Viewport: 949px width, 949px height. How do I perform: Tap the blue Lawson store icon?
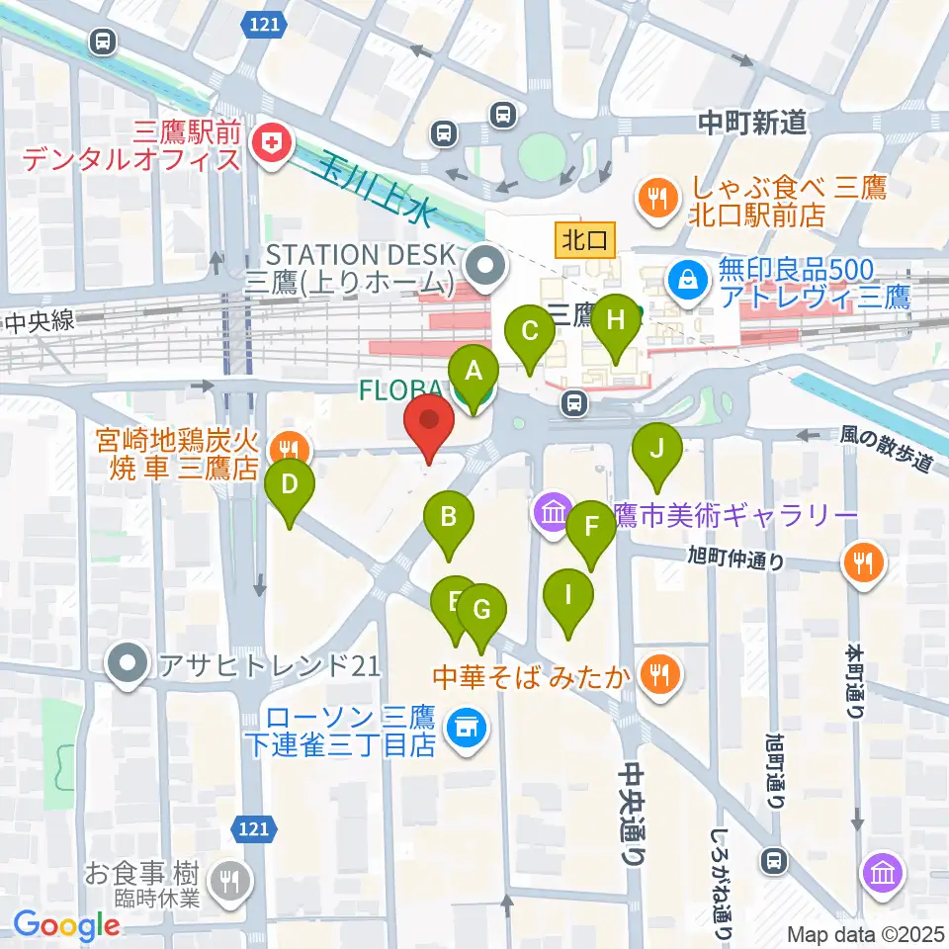[x=461, y=730]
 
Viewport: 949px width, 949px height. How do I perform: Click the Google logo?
[x=66, y=925]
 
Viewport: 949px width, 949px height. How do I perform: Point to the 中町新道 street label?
[x=752, y=123]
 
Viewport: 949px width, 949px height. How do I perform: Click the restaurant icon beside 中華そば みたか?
[x=658, y=676]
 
